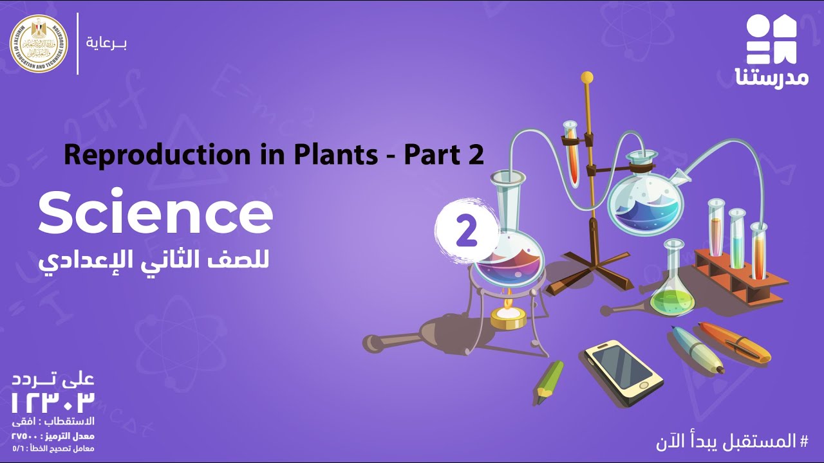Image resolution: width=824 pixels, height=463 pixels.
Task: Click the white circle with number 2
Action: [466, 232]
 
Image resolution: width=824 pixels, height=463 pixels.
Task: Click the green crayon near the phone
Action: [548, 381]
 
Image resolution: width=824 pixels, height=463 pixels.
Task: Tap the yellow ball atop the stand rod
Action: [586, 77]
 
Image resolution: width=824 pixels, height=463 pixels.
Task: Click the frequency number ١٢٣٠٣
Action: [53, 402]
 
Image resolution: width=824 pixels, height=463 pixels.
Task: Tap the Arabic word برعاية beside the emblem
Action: [106, 44]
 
